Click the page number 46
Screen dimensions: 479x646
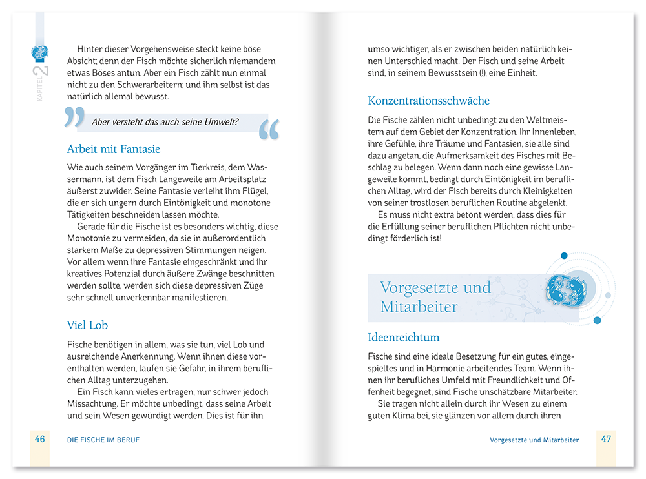(40, 439)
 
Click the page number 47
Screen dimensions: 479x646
(606, 439)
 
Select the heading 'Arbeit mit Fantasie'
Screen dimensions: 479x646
(114, 149)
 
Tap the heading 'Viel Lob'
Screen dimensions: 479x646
(87, 325)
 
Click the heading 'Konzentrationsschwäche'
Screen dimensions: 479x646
(428, 101)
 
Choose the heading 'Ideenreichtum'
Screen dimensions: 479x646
(404, 337)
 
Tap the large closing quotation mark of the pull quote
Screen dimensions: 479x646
(269, 129)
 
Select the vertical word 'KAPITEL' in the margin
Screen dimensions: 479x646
(39, 90)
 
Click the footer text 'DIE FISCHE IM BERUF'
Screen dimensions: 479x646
(103, 440)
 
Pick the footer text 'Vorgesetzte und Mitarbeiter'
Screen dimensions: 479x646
(534, 440)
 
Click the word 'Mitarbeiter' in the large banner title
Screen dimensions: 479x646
(419, 307)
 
